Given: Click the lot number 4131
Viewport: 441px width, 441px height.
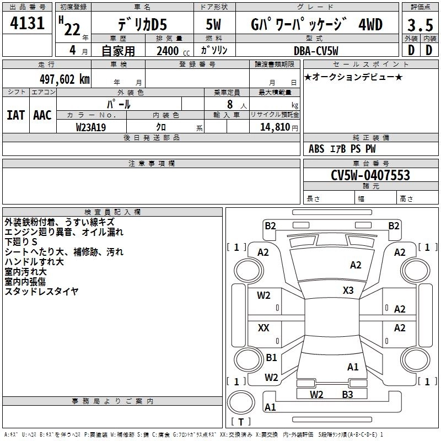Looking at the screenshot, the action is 28,24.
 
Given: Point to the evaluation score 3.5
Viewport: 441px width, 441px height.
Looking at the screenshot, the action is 419,25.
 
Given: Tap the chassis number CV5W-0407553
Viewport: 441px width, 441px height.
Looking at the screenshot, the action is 370,175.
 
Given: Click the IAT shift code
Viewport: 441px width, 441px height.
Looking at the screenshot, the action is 15,115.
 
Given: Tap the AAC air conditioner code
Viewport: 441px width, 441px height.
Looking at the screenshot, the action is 42,115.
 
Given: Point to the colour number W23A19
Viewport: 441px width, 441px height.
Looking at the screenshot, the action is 91,127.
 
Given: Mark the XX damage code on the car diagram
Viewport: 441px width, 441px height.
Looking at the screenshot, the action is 263,328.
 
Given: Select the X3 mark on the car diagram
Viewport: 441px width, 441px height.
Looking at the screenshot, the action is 348,290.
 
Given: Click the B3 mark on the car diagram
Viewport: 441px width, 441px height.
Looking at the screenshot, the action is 347,394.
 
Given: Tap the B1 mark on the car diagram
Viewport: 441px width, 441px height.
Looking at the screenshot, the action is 271,358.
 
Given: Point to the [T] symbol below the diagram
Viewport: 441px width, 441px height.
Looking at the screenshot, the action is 241,422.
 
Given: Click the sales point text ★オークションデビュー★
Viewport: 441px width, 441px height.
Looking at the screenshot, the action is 353,77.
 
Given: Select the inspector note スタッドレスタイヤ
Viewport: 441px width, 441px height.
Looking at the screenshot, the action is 42,291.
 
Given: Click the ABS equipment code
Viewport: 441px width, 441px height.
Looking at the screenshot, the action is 316,148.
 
